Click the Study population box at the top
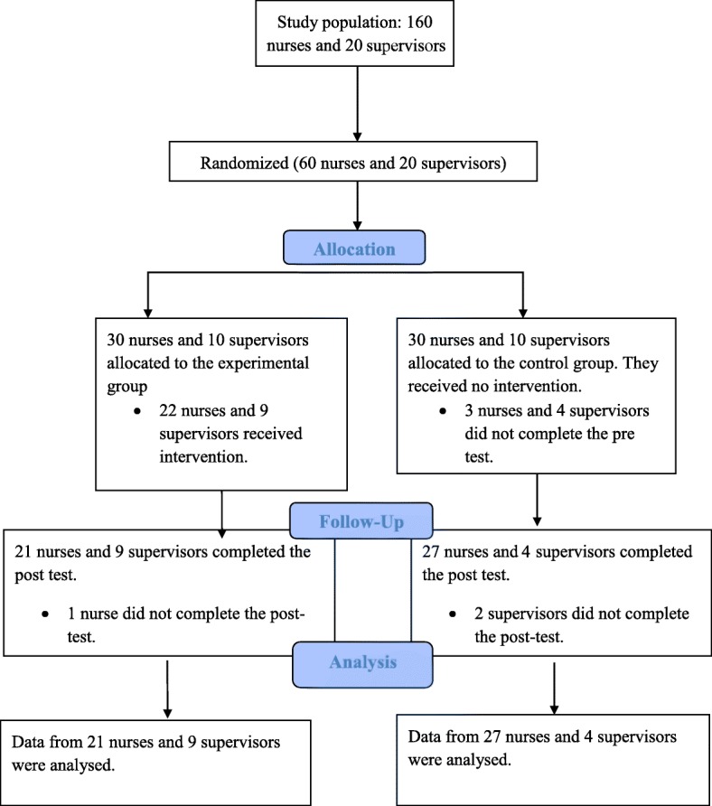coord(359,33)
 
